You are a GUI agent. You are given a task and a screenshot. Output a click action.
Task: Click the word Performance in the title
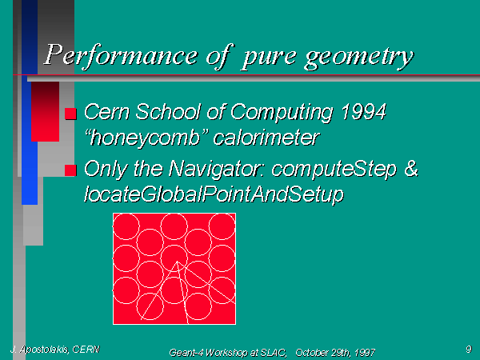[x=122, y=55]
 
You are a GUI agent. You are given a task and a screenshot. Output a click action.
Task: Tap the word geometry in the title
[x=359, y=58]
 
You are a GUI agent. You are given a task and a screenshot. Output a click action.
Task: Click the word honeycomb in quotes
[x=145, y=138]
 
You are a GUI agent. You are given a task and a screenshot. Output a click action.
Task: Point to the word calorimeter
[x=266, y=138]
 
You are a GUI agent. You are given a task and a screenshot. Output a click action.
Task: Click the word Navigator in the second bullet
[x=218, y=169]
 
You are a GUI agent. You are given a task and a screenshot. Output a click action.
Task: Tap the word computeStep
[x=334, y=170]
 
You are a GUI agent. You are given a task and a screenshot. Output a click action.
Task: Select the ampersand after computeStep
[x=411, y=169]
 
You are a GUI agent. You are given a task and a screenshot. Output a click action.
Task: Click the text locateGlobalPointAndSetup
[x=214, y=194]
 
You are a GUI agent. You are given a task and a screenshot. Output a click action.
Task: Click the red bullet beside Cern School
[x=70, y=114]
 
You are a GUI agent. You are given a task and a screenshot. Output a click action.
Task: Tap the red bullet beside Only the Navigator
[x=70, y=170]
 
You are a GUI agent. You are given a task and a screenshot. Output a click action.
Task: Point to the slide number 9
[x=469, y=349]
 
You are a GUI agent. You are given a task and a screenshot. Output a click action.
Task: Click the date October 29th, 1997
[x=335, y=353]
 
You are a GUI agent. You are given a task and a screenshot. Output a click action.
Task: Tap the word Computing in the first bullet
[x=282, y=112]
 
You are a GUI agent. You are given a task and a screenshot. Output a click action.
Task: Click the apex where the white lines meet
[x=177, y=262]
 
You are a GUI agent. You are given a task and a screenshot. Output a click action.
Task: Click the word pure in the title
[x=269, y=58]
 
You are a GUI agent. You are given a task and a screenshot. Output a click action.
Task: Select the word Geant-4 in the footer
[x=186, y=353]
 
